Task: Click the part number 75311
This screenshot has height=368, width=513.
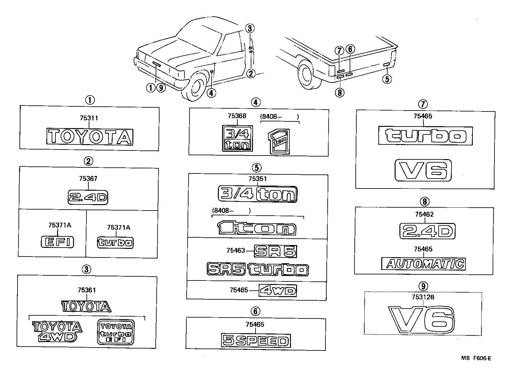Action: [89, 118]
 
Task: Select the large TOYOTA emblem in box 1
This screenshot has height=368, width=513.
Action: [90, 137]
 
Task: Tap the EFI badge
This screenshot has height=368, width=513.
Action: [57, 242]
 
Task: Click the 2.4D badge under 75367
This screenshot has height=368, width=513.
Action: [88, 197]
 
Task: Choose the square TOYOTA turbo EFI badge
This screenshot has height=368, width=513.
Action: [115, 332]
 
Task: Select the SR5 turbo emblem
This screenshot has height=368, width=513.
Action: [257, 269]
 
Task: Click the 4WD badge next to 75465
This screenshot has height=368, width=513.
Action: [278, 291]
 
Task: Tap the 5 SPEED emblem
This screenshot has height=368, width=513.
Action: [255, 341]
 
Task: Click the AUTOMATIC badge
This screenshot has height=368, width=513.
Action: [424, 264]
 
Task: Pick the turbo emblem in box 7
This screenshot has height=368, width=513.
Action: [425, 136]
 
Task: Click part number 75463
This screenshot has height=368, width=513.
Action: [235, 251]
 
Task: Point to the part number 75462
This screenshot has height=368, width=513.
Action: [424, 214]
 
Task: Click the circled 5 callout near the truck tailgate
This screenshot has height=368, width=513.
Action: [387, 79]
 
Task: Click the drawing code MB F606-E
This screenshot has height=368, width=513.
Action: [476, 358]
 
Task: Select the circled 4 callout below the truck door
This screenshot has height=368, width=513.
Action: [211, 93]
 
